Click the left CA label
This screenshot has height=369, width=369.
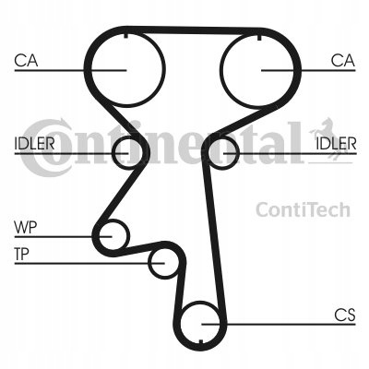coord(26,60)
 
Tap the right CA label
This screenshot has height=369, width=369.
coord(343,60)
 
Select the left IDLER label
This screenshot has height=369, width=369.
coord(34,143)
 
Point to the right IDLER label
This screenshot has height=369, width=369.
coord(336,143)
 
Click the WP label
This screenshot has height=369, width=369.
coord(26,228)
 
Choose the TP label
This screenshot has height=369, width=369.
coord(22,255)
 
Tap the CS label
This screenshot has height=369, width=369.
coord(345,315)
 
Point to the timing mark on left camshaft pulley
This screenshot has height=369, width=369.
coord(125,35)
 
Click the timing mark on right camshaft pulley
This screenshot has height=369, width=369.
coord(258,38)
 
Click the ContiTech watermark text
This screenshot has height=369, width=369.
coord(303,209)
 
